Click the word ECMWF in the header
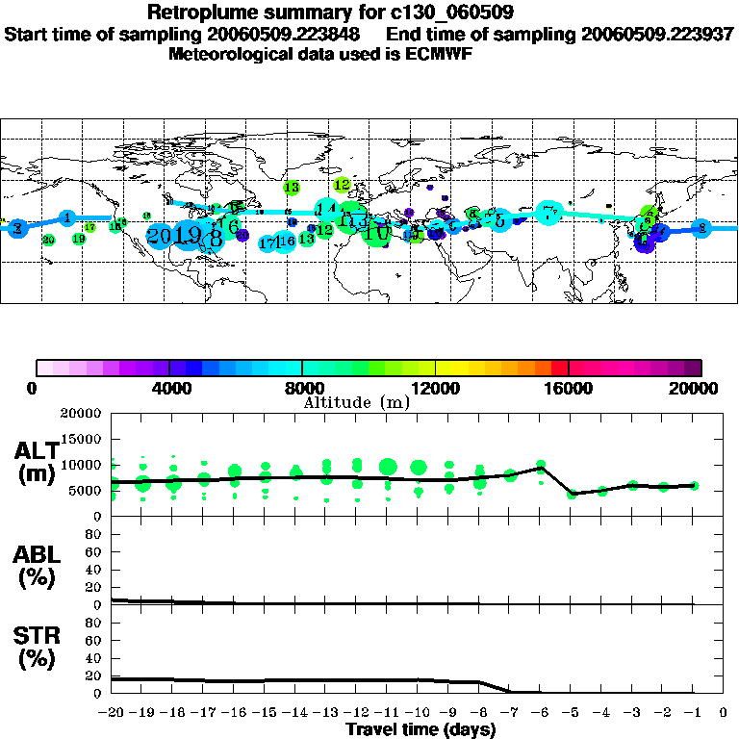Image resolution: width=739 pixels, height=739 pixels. point(446,54)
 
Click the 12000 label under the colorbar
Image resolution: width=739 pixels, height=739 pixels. point(435,388)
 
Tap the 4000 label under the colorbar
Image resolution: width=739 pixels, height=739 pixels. point(169,388)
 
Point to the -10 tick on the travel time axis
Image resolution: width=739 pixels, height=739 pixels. point(419,713)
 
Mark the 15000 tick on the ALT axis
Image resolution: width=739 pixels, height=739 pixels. point(83,440)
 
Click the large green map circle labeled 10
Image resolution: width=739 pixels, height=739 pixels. point(377,232)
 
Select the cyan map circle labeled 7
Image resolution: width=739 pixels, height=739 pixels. point(549,214)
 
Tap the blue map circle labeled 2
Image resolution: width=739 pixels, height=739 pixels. point(701,228)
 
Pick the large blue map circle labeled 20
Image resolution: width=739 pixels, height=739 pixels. point(159,236)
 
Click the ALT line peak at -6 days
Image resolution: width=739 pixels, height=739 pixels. point(541,465)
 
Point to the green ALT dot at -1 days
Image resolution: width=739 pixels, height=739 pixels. point(694,486)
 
